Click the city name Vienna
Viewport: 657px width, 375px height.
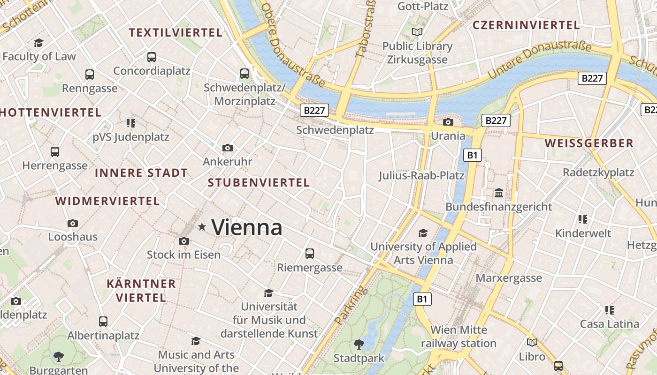pyautogui.click(x=247, y=228)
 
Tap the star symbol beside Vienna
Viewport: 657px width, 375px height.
pyautogui.click(x=202, y=227)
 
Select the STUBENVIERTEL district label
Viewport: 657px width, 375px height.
pyautogui.click(x=259, y=183)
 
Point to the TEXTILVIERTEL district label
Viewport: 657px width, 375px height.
pyautogui.click(x=176, y=33)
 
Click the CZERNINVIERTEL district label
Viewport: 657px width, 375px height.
pyautogui.click(x=526, y=25)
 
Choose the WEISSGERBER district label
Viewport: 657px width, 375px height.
pyautogui.click(x=589, y=143)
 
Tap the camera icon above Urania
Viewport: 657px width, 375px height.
pyautogui.click(x=448, y=122)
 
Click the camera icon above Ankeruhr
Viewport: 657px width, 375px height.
pyautogui.click(x=228, y=148)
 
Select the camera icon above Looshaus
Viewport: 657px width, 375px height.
pyautogui.click(x=73, y=224)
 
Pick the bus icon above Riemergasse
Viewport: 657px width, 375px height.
pyautogui.click(x=310, y=254)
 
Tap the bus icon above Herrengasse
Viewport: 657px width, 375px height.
pyautogui.click(x=55, y=152)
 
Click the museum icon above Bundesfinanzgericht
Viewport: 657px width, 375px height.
pyautogui.click(x=499, y=193)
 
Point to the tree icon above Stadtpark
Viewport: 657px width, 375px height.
pyautogui.click(x=359, y=345)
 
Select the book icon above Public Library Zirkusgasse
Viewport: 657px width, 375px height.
pyautogui.click(x=417, y=32)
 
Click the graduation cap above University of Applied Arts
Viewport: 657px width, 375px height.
pyautogui.click(x=423, y=233)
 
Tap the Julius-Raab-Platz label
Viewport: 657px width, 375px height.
pyautogui.click(x=421, y=176)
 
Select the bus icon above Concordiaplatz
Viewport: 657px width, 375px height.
pyautogui.click(x=152, y=57)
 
